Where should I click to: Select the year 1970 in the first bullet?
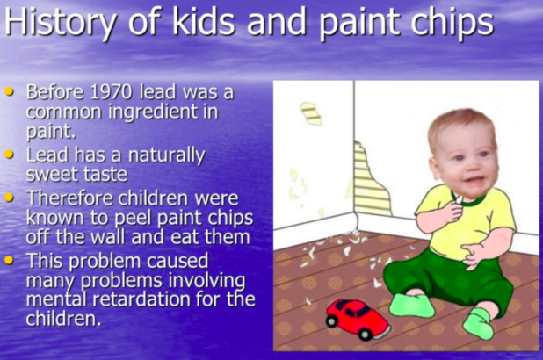[x=112, y=92]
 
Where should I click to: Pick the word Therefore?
[x=71, y=198]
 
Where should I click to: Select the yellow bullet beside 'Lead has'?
[x=9, y=154]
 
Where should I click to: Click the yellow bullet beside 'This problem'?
[x=9, y=260]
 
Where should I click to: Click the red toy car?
[x=358, y=319]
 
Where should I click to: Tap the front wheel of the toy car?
[x=366, y=334]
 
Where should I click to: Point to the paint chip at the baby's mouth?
[x=459, y=199]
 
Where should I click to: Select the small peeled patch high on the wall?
[x=311, y=113]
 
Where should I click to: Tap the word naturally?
[x=167, y=155]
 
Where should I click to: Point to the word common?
[x=65, y=112]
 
